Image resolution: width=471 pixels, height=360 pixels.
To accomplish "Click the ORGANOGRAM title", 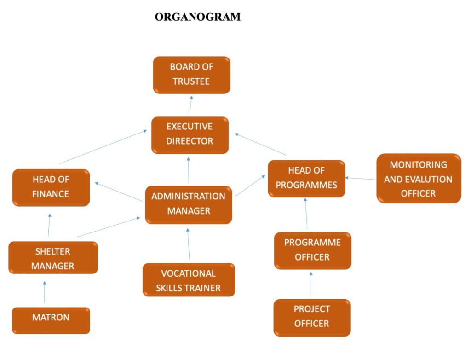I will (x=197, y=17).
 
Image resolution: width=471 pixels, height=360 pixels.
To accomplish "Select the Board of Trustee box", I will (x=191, y=75).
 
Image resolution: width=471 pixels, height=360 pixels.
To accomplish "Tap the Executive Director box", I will (x=190, y=134).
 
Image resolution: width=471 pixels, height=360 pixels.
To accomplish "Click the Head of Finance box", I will (x=51, y=187).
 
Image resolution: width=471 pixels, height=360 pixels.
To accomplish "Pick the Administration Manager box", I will (x=188, y=204).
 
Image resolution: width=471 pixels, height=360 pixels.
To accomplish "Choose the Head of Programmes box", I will (x=306, y=178).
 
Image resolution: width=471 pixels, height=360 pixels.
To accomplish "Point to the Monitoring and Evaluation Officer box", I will (x=418, y=179).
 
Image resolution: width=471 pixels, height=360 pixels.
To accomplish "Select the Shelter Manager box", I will (x=53, y=257).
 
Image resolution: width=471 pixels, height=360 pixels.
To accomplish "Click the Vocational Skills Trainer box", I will (x=189, y=279).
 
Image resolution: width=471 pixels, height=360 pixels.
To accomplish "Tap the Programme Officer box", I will (x=312, y=250).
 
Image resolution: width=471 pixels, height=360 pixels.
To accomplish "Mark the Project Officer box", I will (x=312, y=317).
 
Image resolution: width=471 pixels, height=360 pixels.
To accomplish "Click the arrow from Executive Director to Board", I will (x=190, y=105).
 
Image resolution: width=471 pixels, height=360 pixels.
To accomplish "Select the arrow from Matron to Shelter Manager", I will (x=45, y=291).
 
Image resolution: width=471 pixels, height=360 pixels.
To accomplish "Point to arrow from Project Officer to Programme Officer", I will (x=311, y=284).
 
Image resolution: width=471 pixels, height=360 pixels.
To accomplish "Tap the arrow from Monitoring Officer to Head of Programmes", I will (x=360, y=178).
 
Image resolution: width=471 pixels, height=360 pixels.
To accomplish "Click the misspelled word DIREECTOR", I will (x=190, y=141).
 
